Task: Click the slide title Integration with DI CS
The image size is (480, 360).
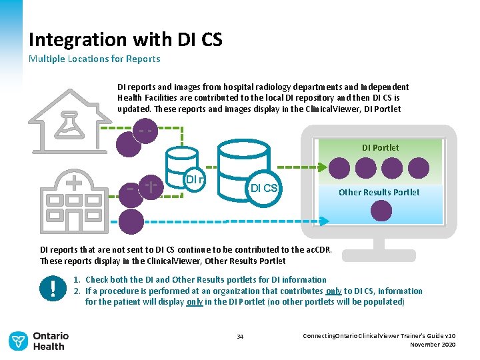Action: point(125,39)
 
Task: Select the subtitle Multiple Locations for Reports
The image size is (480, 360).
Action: point(94,59)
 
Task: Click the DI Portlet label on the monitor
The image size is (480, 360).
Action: point(380,147)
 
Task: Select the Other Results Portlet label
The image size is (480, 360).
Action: point(379,192)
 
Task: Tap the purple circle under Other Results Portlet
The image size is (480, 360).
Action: point(381,211)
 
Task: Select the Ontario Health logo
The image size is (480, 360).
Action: point(37,341)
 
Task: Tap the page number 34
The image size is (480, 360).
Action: point(240,336)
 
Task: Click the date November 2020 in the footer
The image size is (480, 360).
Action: point(434,344)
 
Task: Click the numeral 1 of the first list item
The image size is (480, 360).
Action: point(77,280)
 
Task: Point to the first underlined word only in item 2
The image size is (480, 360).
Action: point(334,291)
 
